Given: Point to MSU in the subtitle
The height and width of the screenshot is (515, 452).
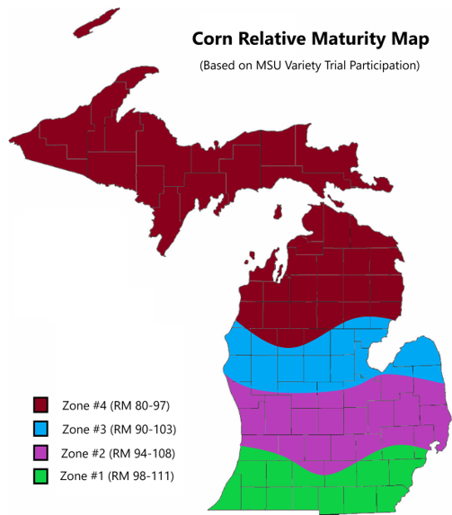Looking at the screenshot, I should click(x=268, y=66).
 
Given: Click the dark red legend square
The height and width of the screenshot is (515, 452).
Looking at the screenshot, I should click(x=41, y=404).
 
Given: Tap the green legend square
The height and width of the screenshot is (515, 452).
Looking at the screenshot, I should click(x=41, y=475).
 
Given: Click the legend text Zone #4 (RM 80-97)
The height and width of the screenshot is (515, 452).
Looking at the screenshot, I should click(x=111, y=404).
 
